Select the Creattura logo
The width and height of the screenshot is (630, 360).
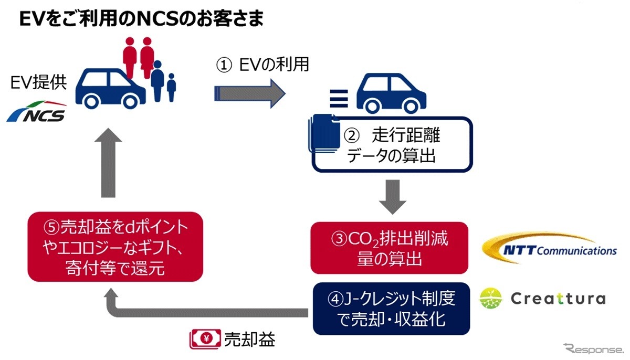pyautogui.click(x=543, y=299)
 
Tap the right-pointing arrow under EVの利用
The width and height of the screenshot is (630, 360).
pyautogui.click(x=249, y=93)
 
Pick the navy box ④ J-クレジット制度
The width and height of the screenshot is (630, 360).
pyautogui.click(x=389, y=309)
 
